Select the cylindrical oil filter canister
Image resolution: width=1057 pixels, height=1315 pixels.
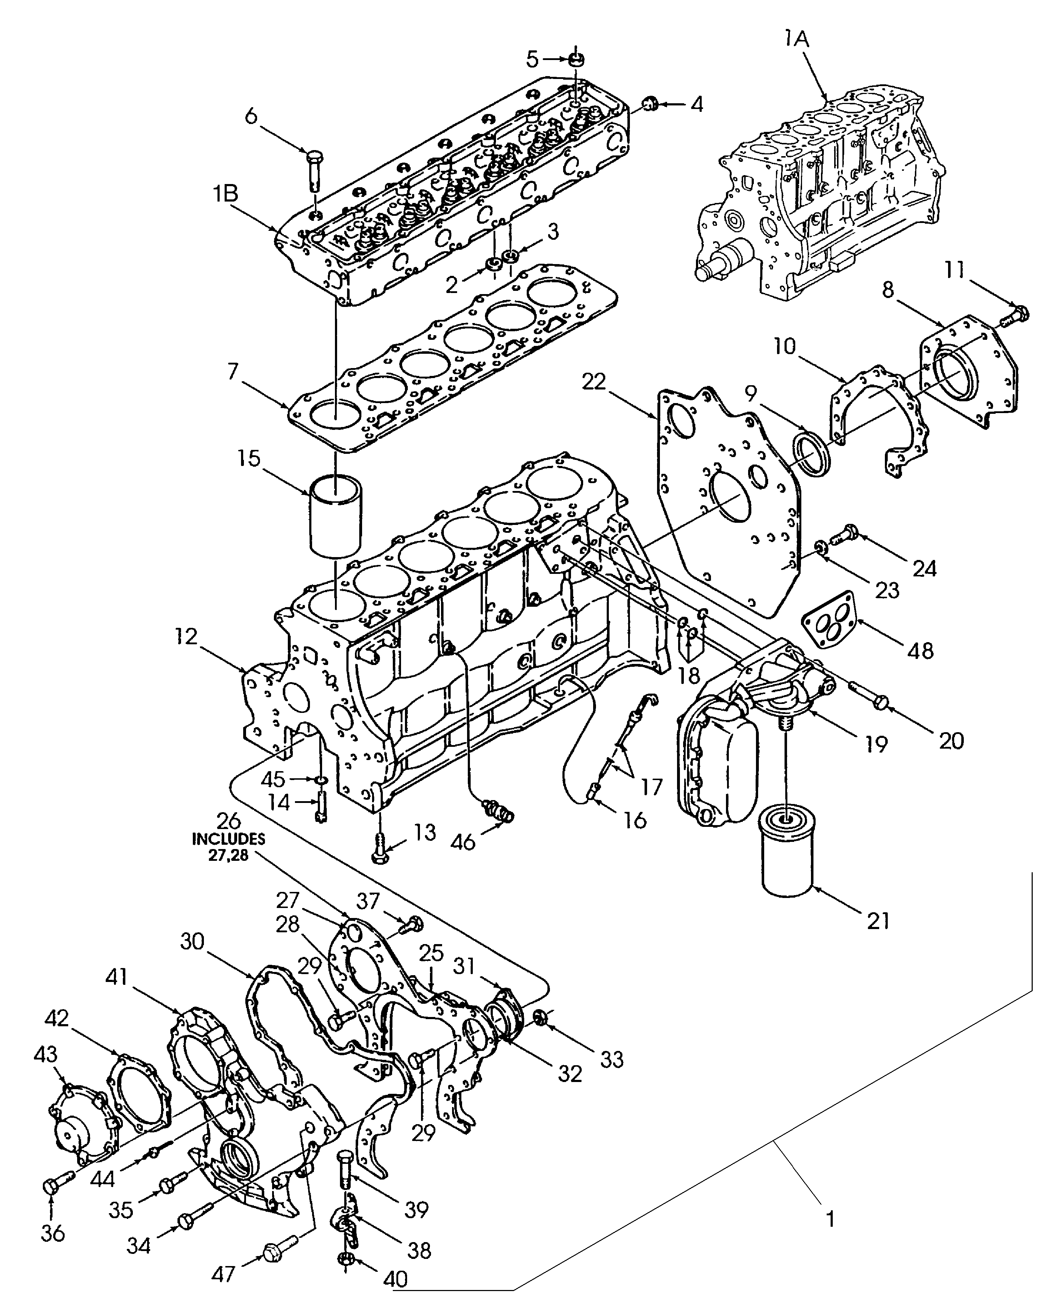point(787,850)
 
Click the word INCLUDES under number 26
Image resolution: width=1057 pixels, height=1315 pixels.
point(229,839)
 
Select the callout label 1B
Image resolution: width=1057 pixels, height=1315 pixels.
point(226,194)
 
